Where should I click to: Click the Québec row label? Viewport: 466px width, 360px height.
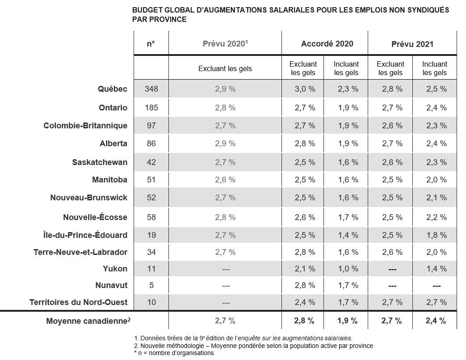(x=112, y=89)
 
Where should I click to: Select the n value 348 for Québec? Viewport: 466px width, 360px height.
(x=151, y=89)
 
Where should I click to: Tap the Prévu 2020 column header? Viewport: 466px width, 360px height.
(x=225, y=43)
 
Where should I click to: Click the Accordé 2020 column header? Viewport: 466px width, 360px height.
(x=327, y=44)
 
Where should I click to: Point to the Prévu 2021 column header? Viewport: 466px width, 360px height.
(x=412, y=44)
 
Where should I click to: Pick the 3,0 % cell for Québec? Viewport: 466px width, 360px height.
(x=305, y=89)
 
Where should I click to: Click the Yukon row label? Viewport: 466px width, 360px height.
(x=115, y=269)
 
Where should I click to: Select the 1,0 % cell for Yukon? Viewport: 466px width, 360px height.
(x=348, y=269)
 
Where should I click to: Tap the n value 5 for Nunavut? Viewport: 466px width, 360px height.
(x=151, y=285)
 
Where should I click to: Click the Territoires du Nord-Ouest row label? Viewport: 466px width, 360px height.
(x=79, y=302)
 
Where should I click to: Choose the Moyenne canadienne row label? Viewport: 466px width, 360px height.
(x=88, y=321)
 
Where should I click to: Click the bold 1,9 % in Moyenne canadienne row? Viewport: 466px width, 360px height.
(x=348, y=321)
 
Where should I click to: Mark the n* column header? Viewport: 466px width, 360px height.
(x=151, y=44)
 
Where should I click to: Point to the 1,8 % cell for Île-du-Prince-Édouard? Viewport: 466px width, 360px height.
(x=437, y=235)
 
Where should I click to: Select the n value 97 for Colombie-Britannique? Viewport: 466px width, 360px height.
(x=151, y=126)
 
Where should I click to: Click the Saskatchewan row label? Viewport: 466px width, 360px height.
(x=100, y=162)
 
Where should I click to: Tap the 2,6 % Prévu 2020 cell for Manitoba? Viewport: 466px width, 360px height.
(x=225, y=180)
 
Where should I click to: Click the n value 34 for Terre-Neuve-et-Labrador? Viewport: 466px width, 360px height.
(x=151, y=252)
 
